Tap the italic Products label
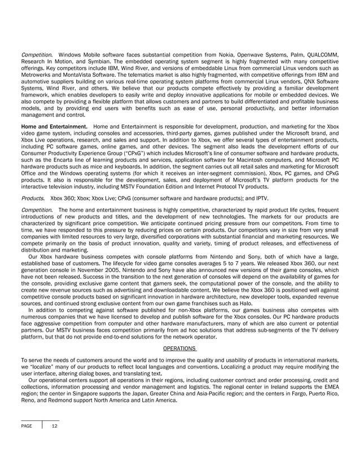33,198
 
